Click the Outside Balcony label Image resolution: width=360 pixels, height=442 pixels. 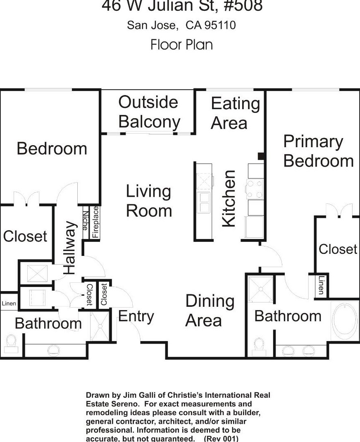tap(149, 112)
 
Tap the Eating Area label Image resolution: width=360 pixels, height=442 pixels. tap(235, 113)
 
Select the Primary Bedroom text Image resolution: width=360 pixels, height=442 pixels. tap(318, 151)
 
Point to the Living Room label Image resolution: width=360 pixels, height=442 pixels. tap(149, 201)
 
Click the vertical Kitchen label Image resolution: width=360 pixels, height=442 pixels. tap(229, 198)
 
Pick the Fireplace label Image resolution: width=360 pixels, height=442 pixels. tap(95, 222)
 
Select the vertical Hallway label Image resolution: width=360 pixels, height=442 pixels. tap(70, 248)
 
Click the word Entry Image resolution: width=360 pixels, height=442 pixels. tap(136, 316)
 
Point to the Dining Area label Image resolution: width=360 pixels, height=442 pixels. tap(210, 311)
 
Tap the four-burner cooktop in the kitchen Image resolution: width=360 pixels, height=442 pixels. tap(255, 189)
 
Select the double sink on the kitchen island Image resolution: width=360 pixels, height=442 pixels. tap(203, 203)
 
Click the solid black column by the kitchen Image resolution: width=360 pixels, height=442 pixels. tap(261, 156)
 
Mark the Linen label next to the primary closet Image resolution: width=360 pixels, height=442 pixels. tap(321, 286)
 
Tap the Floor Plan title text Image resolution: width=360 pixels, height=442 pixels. tap(181, 44)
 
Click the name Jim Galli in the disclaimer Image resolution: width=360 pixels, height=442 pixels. tap(129, 395)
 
